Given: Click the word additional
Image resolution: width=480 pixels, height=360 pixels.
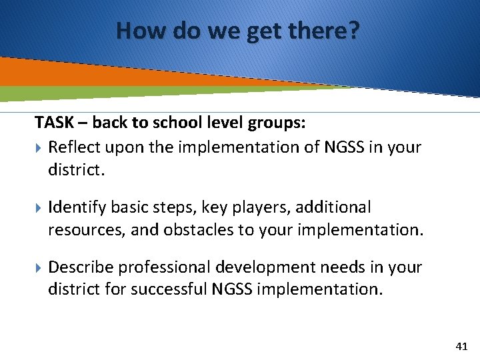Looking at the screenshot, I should tap(333, 207).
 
